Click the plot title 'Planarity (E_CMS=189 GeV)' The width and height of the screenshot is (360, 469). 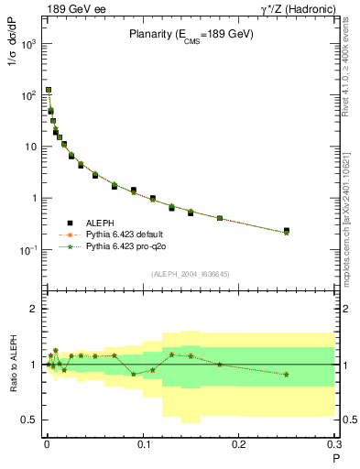tap(190, 35)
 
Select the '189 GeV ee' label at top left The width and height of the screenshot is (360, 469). tap(70, 10)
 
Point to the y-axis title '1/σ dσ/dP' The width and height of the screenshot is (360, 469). tap(13, 68)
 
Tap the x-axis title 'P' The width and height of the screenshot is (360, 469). tap(336, 458)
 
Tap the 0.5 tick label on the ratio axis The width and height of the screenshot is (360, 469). tap(28, 420)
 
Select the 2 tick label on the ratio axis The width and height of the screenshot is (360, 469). tap(33, 309)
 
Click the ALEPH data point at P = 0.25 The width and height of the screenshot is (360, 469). tap(287, 231)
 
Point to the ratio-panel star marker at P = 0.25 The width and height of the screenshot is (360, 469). tap(287, 374)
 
